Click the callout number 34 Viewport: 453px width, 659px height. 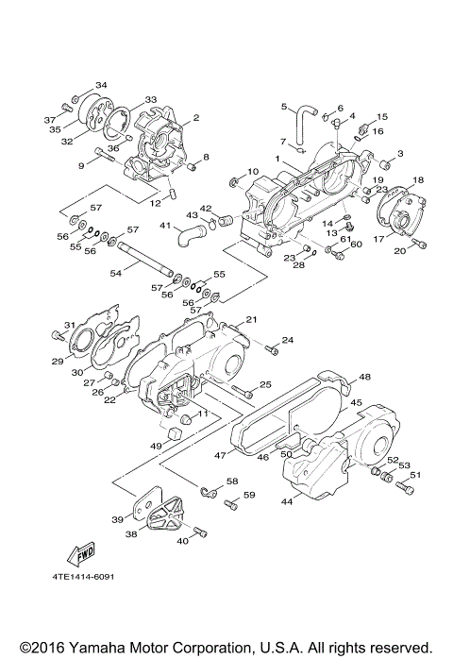click(x=101, y=85)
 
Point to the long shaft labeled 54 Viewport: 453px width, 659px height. click(x=146, y=261)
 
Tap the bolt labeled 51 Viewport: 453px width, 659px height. click(x=405, y=488)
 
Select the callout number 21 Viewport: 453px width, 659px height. click(x=252, y=321)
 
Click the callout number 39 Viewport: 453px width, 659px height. click(x=118, y=519)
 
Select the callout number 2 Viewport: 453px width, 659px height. click(x=196, y=119)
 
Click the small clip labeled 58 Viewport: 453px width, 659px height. click(x=207, y=491)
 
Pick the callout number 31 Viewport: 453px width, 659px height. click(x=69, y=326)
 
